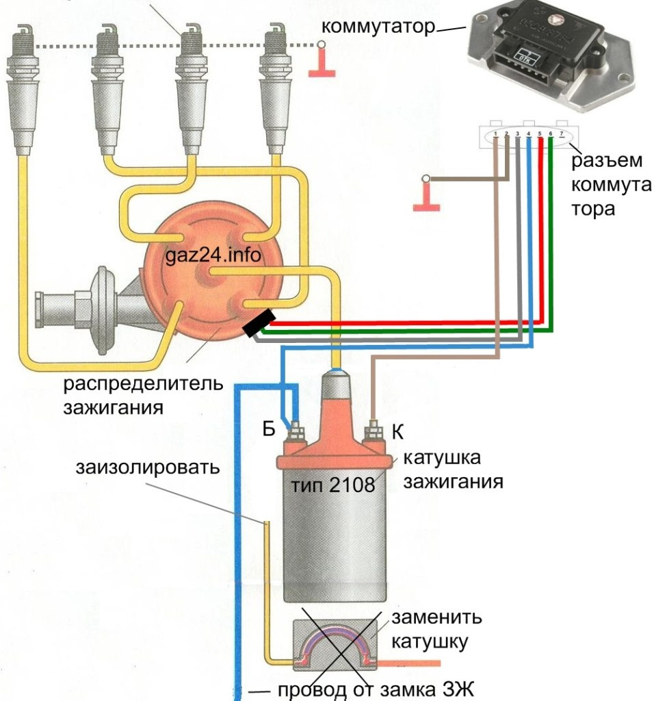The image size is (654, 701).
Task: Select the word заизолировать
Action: coord(148,469)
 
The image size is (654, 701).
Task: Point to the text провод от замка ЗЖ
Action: coord(376,688)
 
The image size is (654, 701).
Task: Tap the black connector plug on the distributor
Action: coord(259,323)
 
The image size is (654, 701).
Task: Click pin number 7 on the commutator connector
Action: coord(562,133)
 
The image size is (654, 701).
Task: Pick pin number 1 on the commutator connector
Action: coord(495,133)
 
